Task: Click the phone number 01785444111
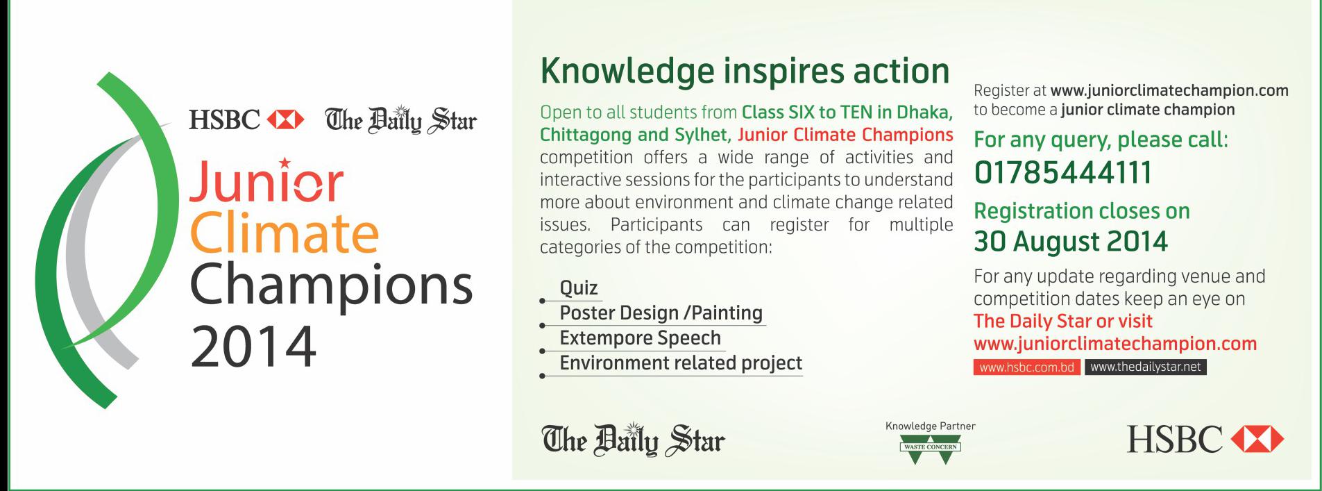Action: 1062,173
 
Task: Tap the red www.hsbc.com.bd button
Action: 1026,367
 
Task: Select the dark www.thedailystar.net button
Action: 1145,367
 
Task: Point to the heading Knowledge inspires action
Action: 745,72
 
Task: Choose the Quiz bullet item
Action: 579,288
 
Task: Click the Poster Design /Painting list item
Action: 661,313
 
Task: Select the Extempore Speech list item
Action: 640,338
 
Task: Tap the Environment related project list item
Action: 681,363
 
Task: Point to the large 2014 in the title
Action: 253,346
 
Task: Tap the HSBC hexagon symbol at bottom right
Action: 1257,440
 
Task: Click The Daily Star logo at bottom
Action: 633,440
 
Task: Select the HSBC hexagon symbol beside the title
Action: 285,120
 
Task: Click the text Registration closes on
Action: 1082,210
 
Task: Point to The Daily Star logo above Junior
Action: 401,120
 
